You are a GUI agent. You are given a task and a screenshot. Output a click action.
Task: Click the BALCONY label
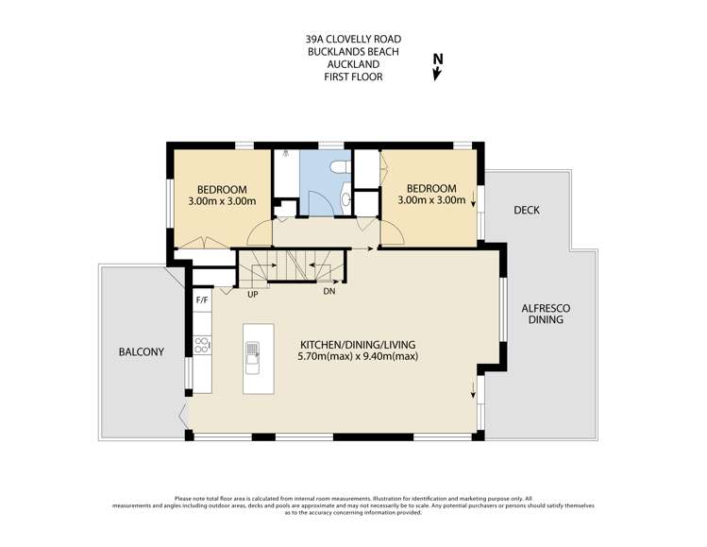(x=142, y=352)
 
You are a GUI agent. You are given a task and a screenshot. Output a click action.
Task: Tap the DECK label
(x=527, y=210)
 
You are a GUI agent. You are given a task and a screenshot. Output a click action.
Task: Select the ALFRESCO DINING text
(x=546, y=314)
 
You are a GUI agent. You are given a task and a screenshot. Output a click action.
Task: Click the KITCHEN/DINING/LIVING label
(x=358, y=345)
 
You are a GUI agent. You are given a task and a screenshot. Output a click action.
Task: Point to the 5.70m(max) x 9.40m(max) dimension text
(x=358, y=356)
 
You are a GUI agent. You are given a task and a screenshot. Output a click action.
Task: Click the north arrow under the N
(x=436, y=74)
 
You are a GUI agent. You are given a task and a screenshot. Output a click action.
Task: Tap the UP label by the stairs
(x=253, y=294)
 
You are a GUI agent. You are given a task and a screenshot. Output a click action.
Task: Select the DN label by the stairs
(x=329, y=292)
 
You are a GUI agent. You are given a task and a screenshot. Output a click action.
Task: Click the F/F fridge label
(x=202, y=300)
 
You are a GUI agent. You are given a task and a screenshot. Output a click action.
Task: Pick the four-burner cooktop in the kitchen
(x=202, y=345)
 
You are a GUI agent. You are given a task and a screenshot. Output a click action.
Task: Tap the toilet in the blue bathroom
(x=341, y=167)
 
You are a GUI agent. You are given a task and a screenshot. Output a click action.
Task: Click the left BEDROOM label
(x=222, y=190)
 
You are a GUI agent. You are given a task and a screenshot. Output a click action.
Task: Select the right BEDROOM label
(x=431, y=188)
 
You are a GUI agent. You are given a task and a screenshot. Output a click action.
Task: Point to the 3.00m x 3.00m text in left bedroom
(x=222, y=201)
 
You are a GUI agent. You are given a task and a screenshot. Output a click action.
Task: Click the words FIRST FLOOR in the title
(x=353, y=77)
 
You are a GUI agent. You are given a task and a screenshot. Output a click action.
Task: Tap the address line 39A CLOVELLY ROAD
(x=353, y=40)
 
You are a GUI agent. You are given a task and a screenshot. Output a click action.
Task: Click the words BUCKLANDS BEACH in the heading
(x=353, y=52)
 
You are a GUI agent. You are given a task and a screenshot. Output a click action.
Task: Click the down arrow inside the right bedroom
(x=473, y=199)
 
